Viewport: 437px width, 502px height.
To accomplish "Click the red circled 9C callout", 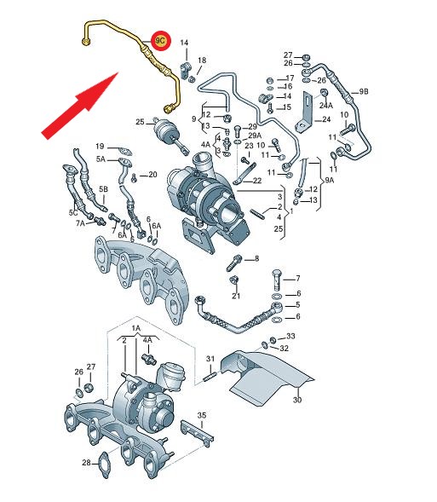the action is point(161,41).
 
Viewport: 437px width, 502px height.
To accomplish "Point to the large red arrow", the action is point(80,106).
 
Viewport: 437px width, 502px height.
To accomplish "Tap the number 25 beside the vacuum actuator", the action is point(140,122).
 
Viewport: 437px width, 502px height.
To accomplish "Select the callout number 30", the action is point(297,400).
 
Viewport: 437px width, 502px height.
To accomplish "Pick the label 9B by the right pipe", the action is point(364,92).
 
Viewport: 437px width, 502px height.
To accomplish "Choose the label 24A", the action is point(326,105).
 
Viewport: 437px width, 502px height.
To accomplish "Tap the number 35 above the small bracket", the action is point(202,416).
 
